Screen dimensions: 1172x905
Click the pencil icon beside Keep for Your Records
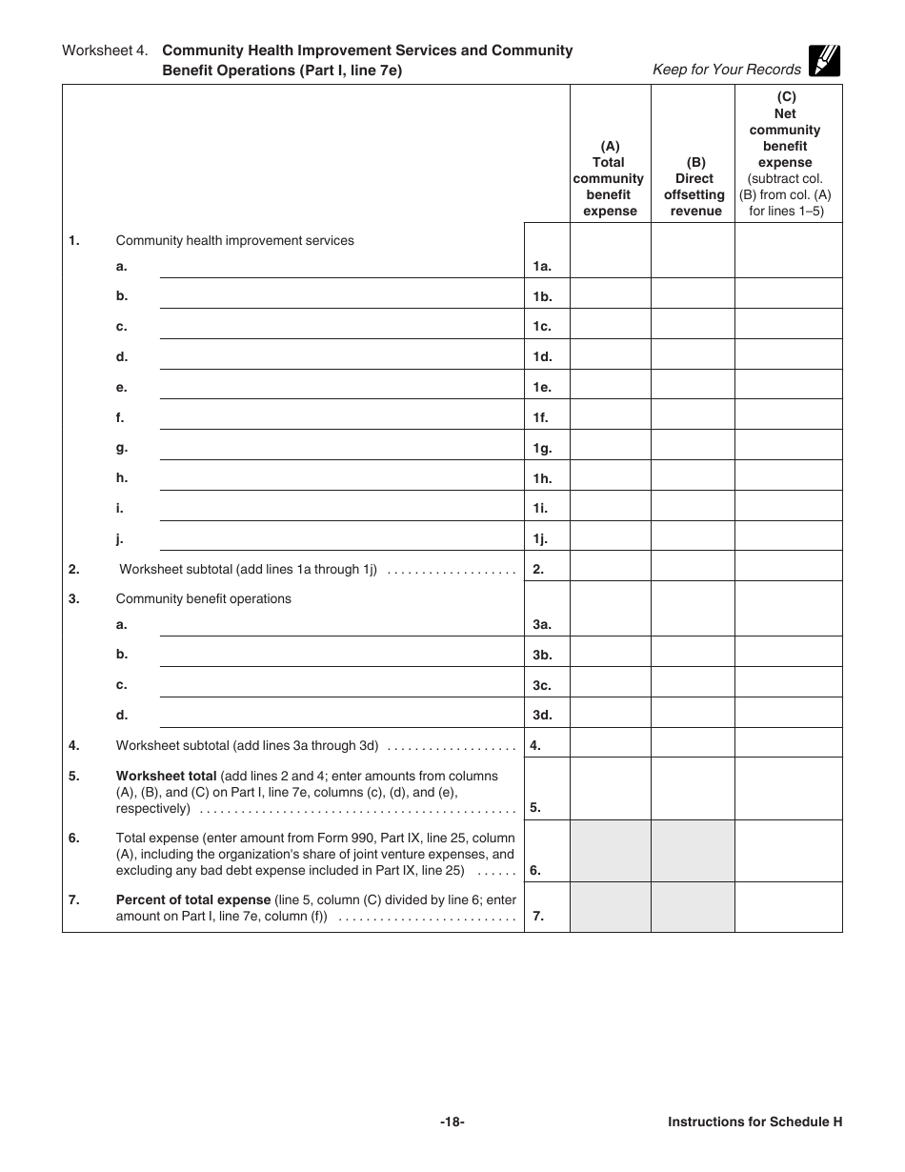823,61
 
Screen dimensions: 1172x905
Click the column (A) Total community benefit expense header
610,178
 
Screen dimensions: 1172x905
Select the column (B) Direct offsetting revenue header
694,187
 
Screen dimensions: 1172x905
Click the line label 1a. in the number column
542,268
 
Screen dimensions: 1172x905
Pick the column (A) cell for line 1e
610,385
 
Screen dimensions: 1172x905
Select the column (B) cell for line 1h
693,476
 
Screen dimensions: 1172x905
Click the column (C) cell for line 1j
788,536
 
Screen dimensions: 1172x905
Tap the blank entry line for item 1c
340,327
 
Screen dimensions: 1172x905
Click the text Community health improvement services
234,241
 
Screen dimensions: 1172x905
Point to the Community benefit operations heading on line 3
203,599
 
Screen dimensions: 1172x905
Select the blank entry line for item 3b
340,655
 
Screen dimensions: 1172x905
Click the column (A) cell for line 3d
610,714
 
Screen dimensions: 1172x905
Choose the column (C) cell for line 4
788,743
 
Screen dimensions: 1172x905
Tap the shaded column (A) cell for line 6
610,852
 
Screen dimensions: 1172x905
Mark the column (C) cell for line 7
788,907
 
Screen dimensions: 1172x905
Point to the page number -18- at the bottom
452,1122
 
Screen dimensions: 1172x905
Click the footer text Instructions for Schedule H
754,1122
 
